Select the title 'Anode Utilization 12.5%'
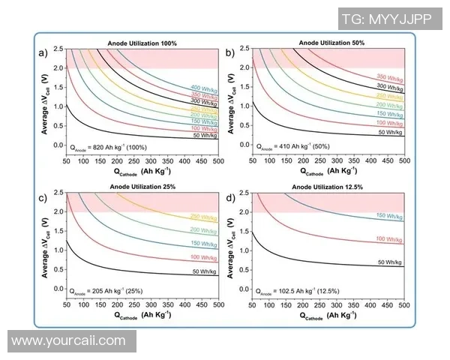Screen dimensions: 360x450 point(328,187)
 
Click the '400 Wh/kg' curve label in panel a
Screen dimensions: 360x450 point(205,88)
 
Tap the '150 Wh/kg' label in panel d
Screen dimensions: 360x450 point(390,216)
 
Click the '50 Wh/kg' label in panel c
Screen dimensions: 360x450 point(205,271)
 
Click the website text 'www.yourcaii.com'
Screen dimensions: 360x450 point(69,341)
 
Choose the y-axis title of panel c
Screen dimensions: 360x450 point(46,240)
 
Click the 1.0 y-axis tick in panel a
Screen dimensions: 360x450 point(58,106)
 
